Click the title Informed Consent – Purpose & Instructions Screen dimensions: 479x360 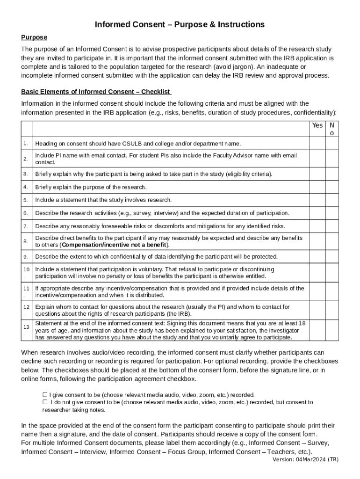click(x=180, y=24)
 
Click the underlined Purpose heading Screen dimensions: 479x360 click(x=34, y=37)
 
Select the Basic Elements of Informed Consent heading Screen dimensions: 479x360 click(x=96, y=92)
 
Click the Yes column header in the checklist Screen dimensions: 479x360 click(x=317, y=125)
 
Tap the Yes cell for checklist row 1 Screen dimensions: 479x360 click(x=317, y=144)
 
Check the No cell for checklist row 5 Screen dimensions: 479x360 click(x=332, y=200)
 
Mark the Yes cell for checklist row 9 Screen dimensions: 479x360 click(x=317, y=257)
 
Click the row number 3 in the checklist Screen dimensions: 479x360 click(x=26, y=174)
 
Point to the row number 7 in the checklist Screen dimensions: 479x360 click(x=26, y=226)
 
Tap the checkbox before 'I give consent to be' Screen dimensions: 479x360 click(x=45, y=395)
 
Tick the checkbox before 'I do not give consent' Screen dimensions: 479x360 click(x=45, y=402)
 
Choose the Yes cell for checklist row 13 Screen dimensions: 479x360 click(x=317, y=330)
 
